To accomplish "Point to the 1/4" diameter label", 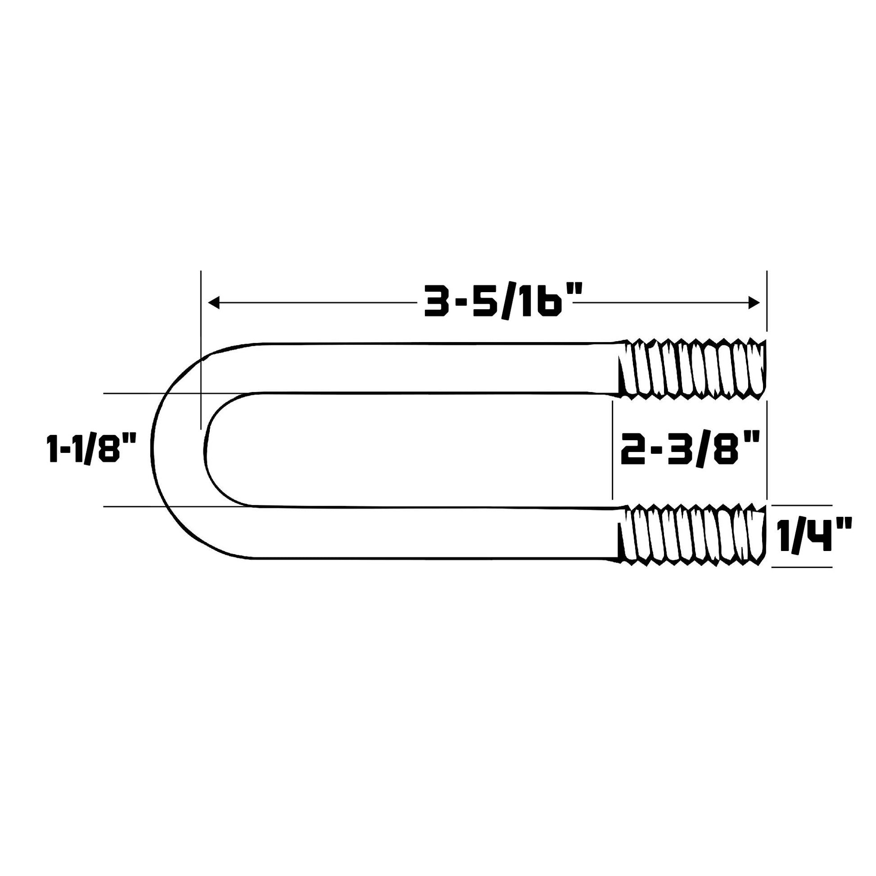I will tap(814, 536).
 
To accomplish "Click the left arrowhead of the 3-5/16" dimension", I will tap(213, 303).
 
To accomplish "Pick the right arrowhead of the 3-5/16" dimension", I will tap(754, 303).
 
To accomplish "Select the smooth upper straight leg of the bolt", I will tap(431, 368).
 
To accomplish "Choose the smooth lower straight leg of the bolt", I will tap(431, 533).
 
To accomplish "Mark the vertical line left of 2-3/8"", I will tap(613, 449).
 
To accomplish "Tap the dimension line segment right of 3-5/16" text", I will tap(662, 303).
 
